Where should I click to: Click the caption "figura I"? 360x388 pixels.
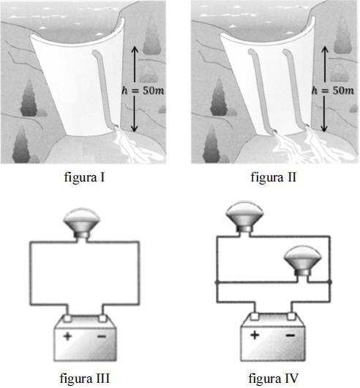pyautogui.click(x=85, y=177)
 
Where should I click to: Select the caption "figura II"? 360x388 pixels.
pyautogui.click(x=273, y=177)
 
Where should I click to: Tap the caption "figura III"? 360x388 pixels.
pyautogui.click(x=85, y=378)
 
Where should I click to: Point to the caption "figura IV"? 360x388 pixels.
pyautogui.click(x=274, y=378)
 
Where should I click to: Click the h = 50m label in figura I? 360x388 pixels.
pyautogui.click(x=143, y=90)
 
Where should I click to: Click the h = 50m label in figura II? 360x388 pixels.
pyautogui.click(x=333, y=90)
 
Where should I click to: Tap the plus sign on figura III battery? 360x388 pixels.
pyautogui.click(x=67, y=336)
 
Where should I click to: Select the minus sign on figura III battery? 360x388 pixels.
pyautogui.click(x=102, y=336)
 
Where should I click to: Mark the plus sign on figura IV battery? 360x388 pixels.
pyautogui.click(x=255, y=335)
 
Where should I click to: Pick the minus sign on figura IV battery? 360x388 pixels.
pyautogui.click(x=290, y=335)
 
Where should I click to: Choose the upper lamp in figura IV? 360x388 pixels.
pyautogui.click(x=244, y=217)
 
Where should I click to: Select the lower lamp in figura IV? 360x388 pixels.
pyautogui.click(x=303, y=261)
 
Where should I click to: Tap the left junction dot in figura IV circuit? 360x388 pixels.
pyautogui.click(x=217, y=283)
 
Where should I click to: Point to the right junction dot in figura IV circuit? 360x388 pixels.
pyautogui.click(x=329, y=282)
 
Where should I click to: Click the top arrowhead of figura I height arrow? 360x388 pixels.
pyautogui.click(x=134, y=49)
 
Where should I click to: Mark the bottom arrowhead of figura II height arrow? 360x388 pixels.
pyautogui.click(x=324, y=129)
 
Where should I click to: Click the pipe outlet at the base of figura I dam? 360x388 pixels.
pyautogui.click(x=116, y=127)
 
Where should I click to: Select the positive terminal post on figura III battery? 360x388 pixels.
pyautogui.click(x=67, y=318)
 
